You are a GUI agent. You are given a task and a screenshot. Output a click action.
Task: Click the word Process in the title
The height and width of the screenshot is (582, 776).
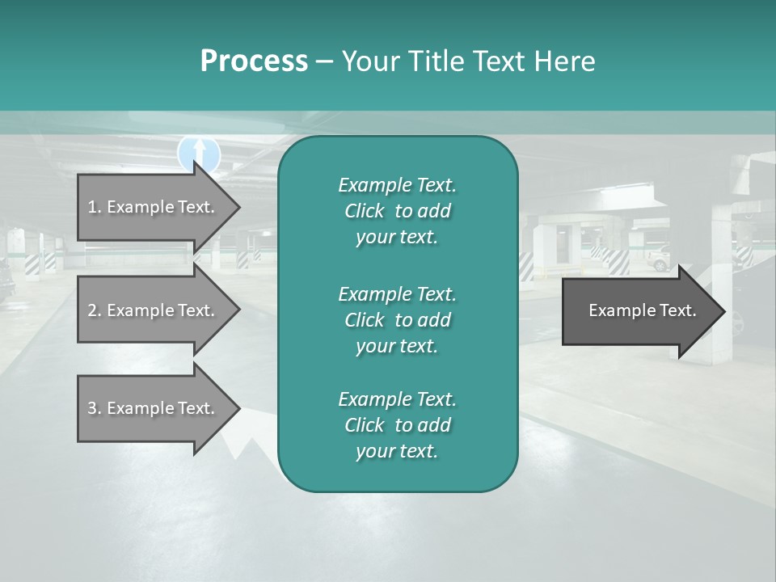click(254, 61)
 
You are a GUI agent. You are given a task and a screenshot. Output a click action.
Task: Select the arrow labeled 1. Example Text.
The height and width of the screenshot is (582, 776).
click(154, 207)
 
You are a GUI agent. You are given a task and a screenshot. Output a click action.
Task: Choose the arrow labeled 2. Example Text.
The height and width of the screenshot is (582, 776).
click(154, 310)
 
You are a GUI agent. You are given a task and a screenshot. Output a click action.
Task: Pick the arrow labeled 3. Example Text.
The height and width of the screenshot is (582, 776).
click(154, 408)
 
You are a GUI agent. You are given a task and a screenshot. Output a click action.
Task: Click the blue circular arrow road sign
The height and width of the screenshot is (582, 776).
click(198, 151)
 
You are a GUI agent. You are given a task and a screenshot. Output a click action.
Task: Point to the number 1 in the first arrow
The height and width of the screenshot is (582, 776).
click(91, 207)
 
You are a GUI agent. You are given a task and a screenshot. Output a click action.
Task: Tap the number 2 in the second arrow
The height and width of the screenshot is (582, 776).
click(92, 310)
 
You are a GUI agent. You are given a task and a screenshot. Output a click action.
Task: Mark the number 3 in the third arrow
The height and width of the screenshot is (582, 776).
click(92, 408)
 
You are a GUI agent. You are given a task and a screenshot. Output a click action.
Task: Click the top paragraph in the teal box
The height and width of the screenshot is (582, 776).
click(397, 211)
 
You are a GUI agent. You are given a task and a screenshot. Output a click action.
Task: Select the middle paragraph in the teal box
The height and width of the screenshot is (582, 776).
click(397, 319)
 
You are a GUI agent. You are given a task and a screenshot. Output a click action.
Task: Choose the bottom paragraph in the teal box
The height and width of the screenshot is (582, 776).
click(397, 425)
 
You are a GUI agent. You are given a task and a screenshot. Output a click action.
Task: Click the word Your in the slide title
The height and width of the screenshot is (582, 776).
click(369, 61)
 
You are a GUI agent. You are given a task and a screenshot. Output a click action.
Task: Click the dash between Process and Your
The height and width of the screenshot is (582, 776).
click(324, 61)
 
